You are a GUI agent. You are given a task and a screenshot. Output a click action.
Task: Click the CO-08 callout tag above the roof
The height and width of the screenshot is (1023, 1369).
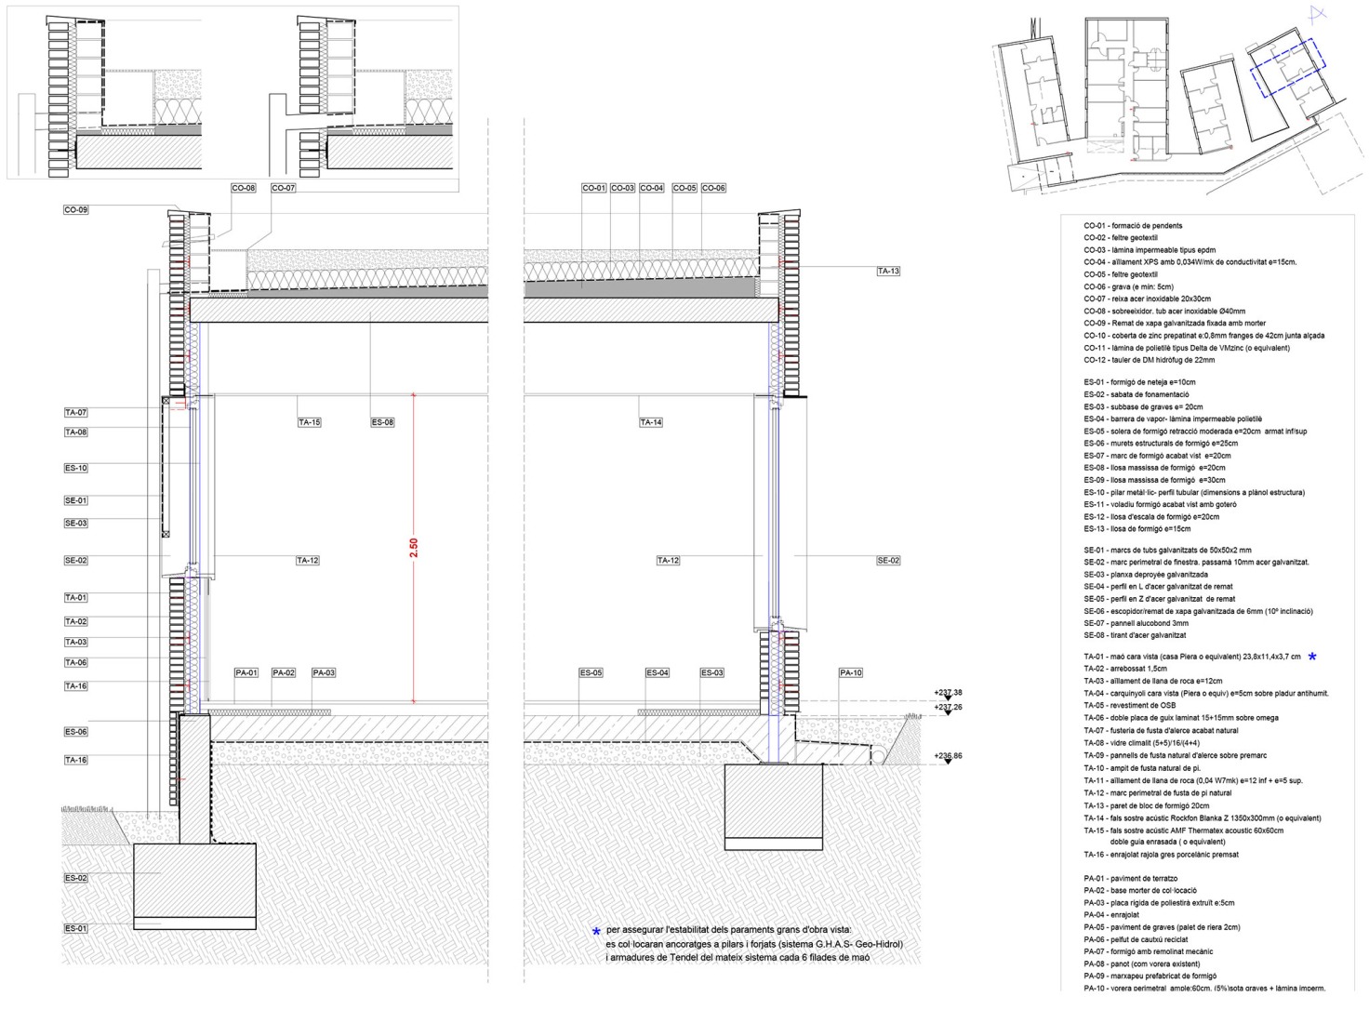(x=244, y=188)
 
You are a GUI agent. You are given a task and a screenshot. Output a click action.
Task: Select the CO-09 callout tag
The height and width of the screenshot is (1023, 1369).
(x=76, y=210)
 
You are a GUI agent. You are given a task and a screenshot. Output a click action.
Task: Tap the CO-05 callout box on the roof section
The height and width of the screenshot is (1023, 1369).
(x=684, y=188)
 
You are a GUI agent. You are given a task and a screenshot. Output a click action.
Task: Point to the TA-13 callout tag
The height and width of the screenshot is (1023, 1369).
(x=888, y=272)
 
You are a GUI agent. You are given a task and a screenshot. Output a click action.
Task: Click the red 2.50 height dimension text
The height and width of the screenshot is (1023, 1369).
(x=414, y=548)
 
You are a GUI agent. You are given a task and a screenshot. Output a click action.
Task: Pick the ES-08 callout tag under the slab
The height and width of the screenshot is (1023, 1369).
(x=382, y=422)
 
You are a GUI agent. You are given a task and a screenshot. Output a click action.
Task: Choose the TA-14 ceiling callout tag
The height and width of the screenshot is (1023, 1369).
(x=651, y=422)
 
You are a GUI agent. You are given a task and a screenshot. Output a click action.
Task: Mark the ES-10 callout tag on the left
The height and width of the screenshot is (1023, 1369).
(x=76, y=468)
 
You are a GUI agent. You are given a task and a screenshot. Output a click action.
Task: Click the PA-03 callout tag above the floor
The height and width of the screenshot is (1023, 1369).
(x=324, y=672)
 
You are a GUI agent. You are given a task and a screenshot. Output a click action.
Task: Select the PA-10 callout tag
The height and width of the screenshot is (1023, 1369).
(x=851, y=672)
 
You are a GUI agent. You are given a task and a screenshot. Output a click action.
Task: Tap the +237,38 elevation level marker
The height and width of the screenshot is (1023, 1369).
(x=948, y=693)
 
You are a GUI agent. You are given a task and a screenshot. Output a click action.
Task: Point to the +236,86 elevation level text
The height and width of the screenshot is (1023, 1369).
(x=948, y=756)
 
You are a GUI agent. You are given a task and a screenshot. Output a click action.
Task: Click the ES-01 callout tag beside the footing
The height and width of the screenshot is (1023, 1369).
(x=76, y=928)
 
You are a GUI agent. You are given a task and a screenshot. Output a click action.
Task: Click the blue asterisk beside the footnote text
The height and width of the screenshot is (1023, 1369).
(x=596, y=931)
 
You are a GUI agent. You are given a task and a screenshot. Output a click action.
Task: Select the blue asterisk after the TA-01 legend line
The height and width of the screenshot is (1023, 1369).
(x=1312, y=657)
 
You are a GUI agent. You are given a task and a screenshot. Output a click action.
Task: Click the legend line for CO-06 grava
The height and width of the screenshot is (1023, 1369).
(x=1129, y=287)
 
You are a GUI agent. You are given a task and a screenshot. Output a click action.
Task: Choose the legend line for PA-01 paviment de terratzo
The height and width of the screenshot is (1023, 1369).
(x=1131, y=879)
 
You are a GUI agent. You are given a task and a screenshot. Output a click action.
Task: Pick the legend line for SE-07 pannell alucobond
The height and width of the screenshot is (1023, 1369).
(x=1136, y=623)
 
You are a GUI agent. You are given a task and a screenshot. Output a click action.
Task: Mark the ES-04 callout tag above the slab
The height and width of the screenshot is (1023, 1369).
(x=658, y=672)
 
